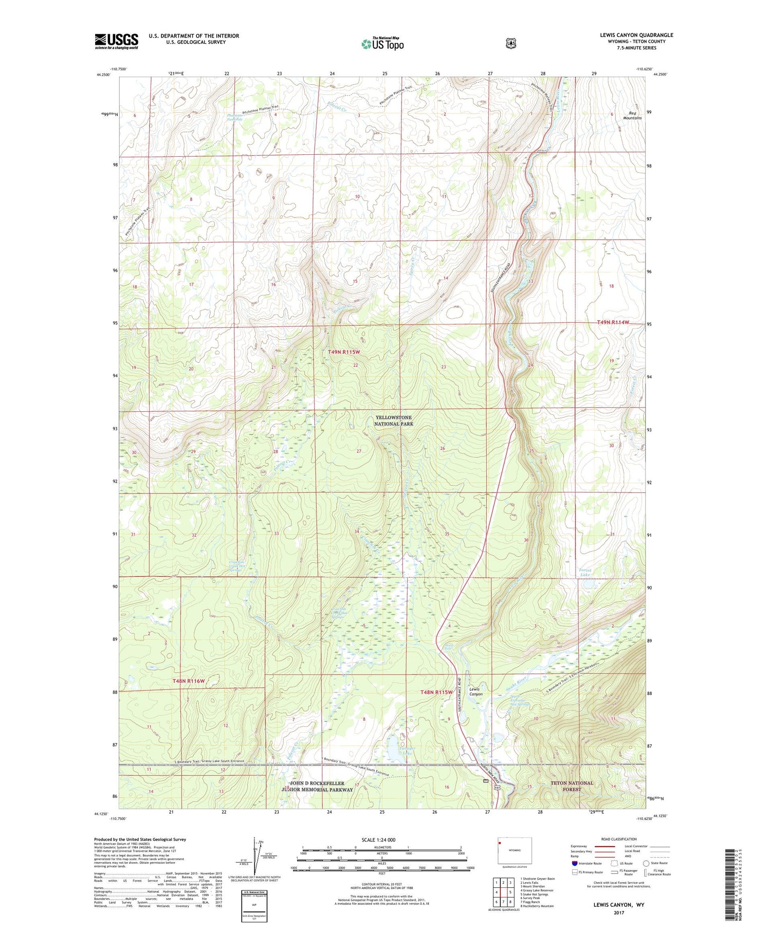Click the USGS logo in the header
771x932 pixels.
coord(116,41)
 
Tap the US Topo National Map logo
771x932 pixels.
coord(382,44)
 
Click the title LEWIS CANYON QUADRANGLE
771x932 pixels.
coord(636,35)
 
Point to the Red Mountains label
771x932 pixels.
coord(632,116)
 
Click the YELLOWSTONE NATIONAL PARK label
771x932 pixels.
coord(394,421)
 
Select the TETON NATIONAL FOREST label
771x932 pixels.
coord(572,786)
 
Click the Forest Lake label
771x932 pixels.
coord(585,573)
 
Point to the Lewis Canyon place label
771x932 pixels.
coord(475,691)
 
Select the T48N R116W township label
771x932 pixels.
coord(189,681)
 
